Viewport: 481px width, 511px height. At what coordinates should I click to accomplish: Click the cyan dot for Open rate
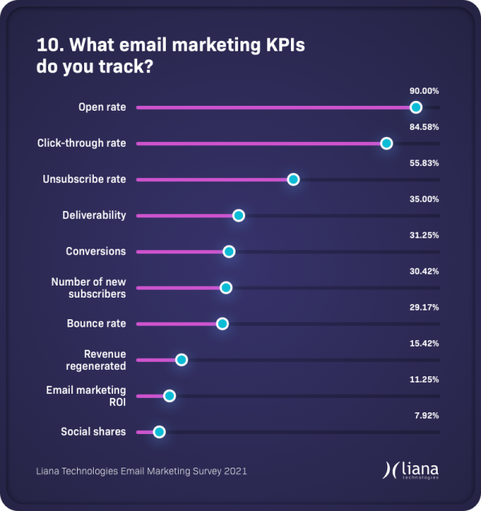coord(415,107)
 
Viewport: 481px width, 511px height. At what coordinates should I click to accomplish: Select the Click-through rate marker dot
coord(386,144)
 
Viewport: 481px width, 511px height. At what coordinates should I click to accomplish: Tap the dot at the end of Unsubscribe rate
coord(293,180)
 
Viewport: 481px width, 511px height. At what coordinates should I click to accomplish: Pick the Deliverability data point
coord(238,216)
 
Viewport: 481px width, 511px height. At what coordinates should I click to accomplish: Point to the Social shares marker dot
coord(159,432)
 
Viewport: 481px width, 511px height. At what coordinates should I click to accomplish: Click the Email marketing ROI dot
coord(169,395)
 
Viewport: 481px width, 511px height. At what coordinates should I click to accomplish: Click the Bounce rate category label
coord(96,324)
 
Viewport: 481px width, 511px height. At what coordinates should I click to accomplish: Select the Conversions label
coord(95,252)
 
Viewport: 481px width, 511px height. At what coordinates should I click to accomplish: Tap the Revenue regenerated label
coord(105,360)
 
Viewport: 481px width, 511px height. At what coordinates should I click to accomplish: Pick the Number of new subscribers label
coord(88,288)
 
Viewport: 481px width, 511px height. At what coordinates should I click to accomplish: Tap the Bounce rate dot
coord(222,324)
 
